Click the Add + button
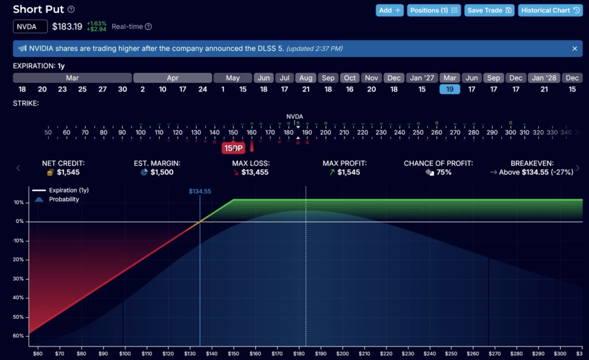390,10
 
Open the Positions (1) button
434,10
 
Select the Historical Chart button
550,10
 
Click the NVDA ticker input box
30,27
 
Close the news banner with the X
575,49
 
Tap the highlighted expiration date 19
450,89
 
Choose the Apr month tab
172,78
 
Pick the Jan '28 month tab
544,78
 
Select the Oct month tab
350,78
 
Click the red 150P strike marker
234,148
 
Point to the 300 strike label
510,133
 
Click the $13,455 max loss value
255,172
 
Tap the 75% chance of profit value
444,172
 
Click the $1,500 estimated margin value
162,172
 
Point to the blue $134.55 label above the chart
200,192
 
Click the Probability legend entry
64,199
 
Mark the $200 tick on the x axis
343,354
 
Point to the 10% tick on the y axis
19,202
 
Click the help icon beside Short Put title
71,10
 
